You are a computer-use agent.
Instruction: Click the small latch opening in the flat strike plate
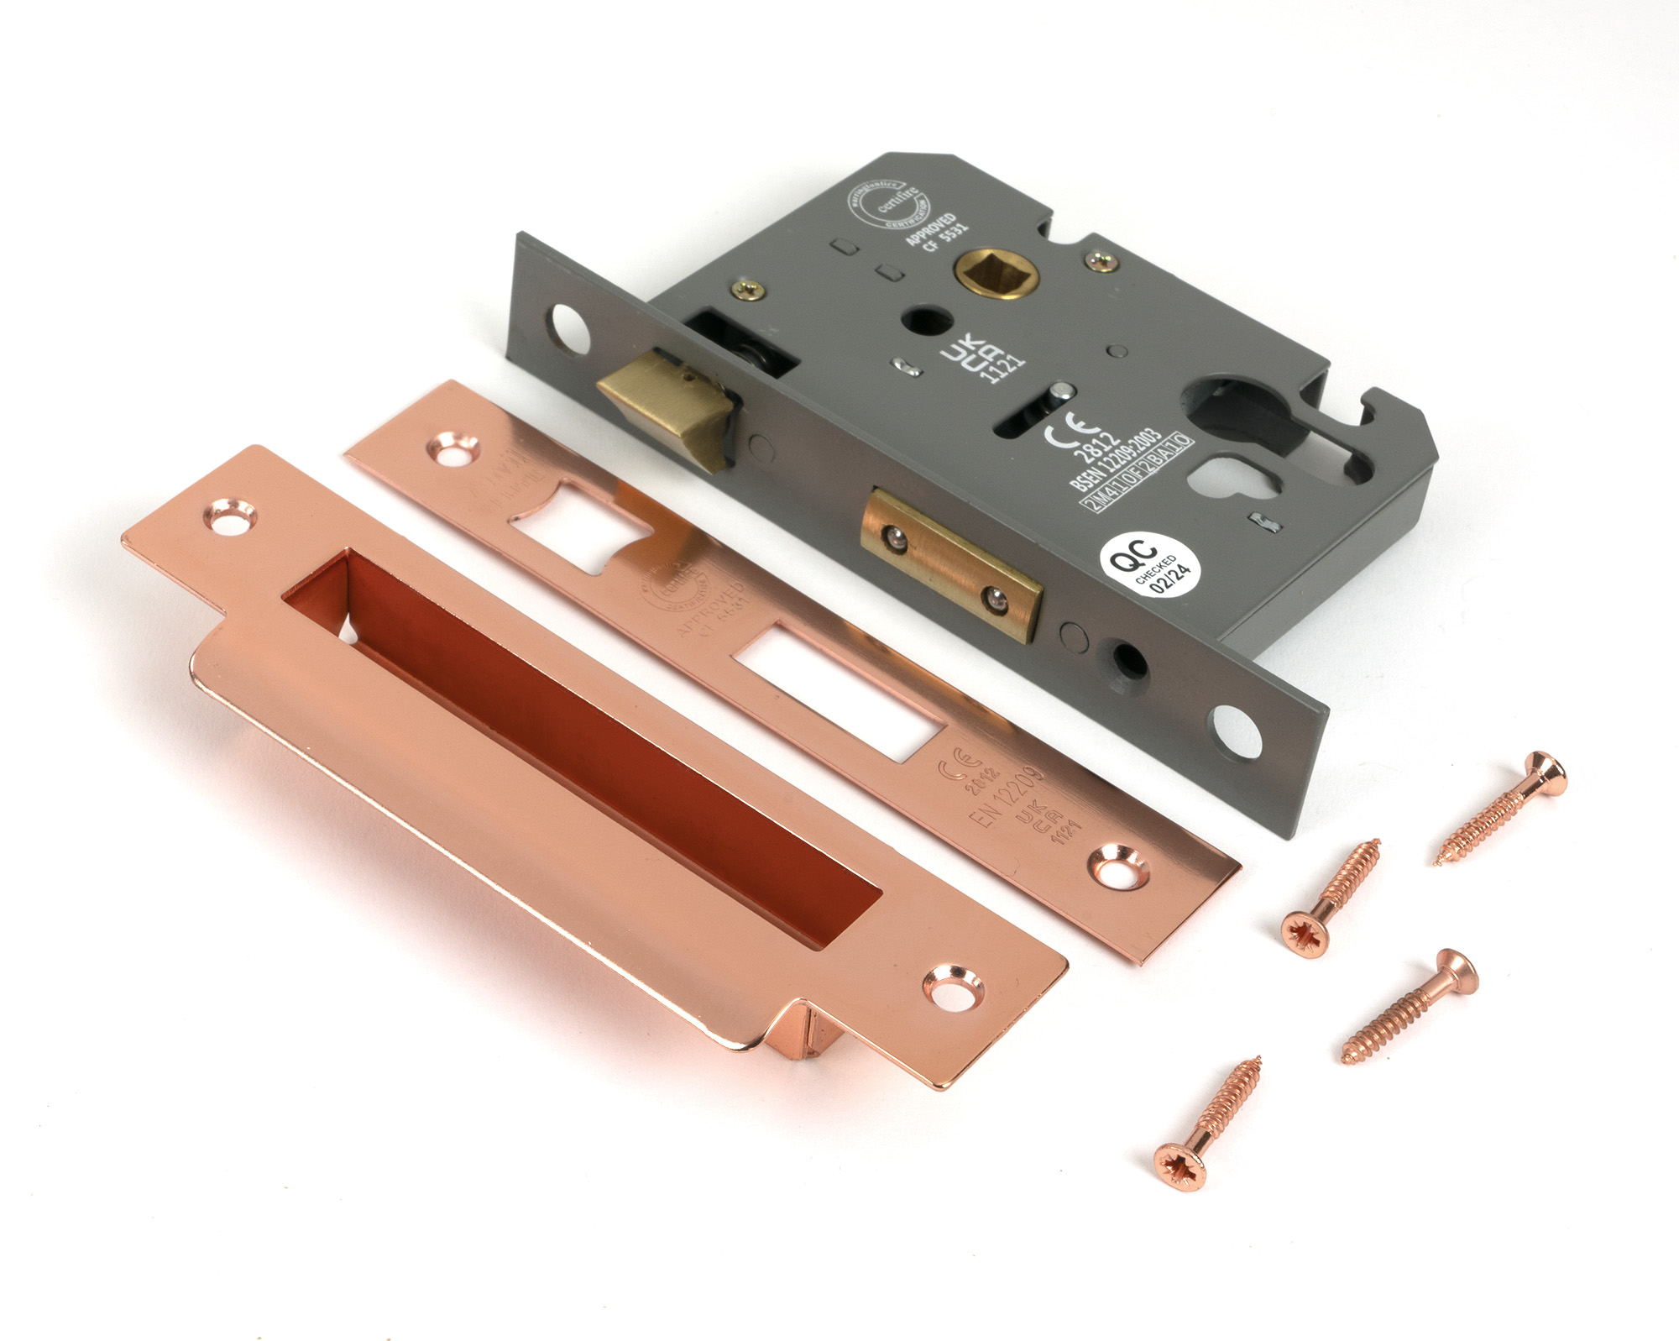coord(579,526)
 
